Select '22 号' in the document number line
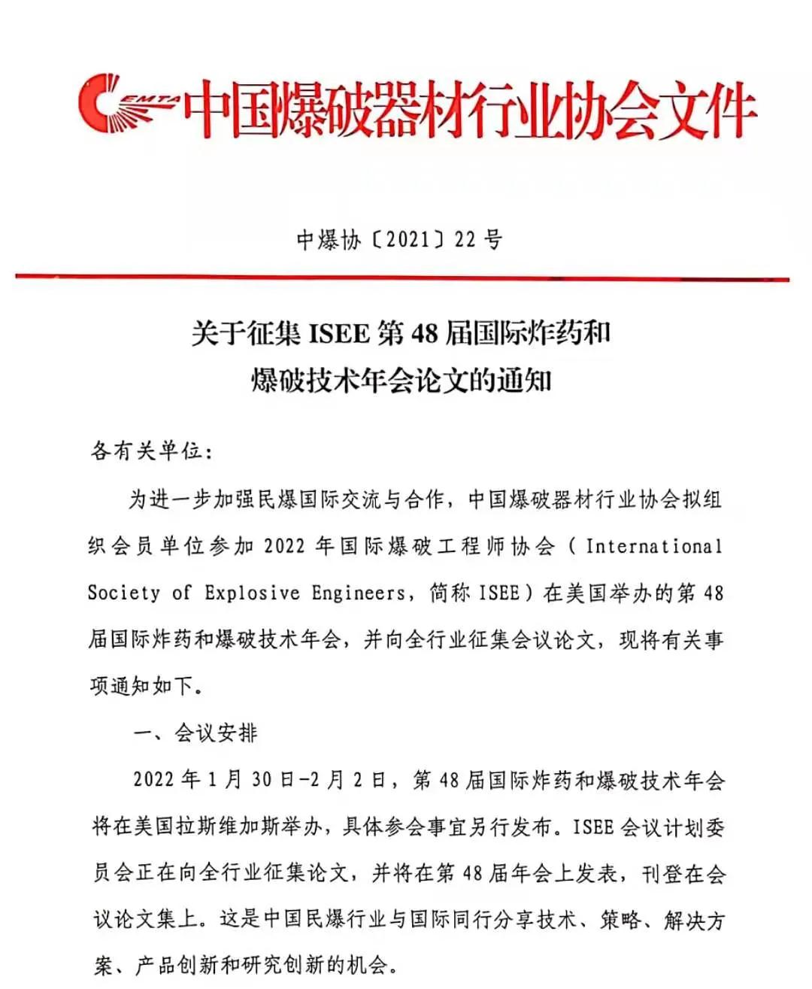coord(478,240)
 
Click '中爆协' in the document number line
coord(329,240)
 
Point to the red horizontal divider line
coord(402,278)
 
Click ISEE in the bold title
coord(338,333)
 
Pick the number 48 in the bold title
coord(424,333)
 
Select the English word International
coord(653,546)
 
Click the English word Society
coord(123,593)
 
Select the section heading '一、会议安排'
coord(195,733)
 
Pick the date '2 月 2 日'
coord(349,780)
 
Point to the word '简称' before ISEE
coord(450,593)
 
